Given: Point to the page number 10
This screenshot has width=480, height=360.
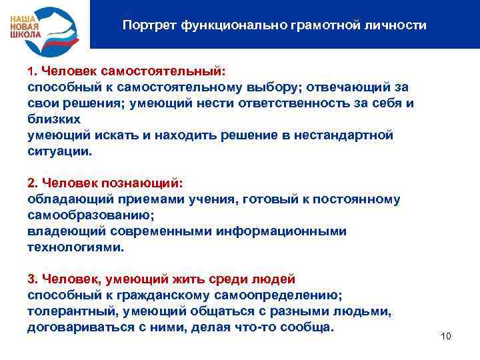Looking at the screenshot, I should (446, 336).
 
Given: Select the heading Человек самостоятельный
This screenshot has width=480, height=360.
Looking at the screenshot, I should (133, 71).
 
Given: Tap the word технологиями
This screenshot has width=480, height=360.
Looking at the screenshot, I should (75, 247).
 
